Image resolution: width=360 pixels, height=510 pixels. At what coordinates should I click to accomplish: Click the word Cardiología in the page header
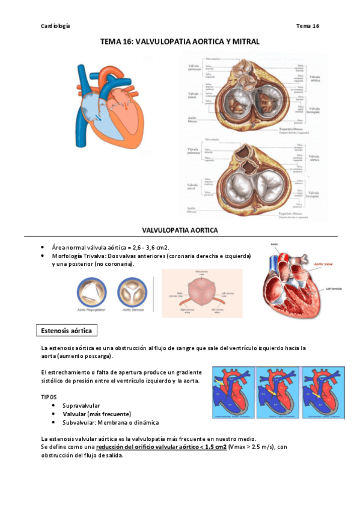click(x=55, y=26)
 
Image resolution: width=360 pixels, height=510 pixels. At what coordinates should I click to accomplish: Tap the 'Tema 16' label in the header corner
click(x=308, y=26)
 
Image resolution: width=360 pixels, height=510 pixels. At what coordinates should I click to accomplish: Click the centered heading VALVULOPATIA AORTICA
click(x=180, y=230)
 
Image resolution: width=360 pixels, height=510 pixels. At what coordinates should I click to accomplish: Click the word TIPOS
click(x=49, y=397)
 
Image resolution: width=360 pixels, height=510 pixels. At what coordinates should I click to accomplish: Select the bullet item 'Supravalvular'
click(x=81, y=406)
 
